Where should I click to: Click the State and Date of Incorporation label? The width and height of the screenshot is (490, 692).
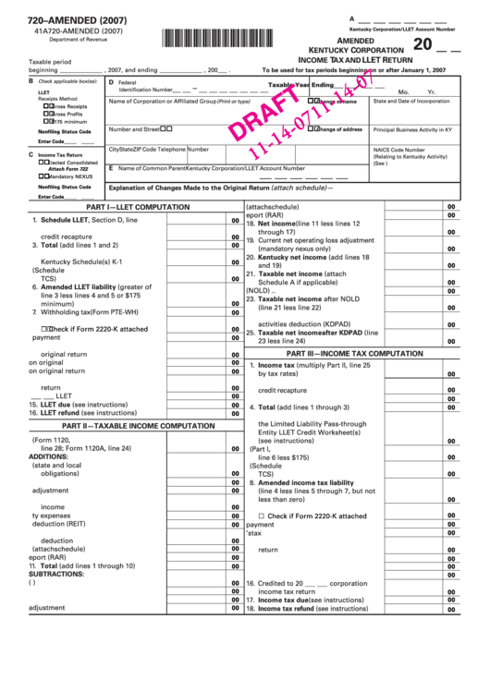tap(411, 101)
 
